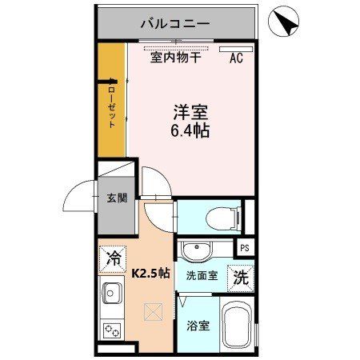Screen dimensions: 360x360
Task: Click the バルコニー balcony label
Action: coord(175,23)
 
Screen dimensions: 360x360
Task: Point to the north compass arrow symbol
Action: coord(284,21)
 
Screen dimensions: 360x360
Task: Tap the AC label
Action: coord(236,57)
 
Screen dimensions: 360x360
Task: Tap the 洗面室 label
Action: coord(201,276)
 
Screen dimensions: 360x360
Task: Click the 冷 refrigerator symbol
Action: coord(114,258)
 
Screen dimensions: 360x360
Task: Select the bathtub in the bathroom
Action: coord(238,326)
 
